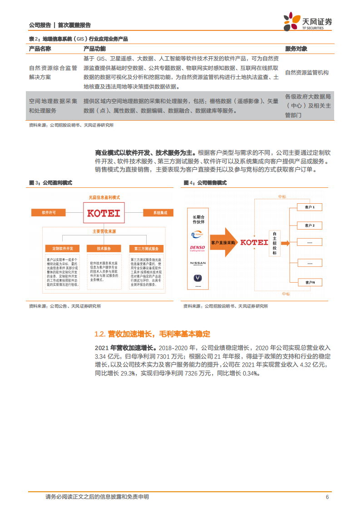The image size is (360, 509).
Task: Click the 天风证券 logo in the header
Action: [307, 21]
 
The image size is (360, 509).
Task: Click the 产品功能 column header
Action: [94, 49]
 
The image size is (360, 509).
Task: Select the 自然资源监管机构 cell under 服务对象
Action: [306, 72]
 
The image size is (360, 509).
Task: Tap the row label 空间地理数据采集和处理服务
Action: [53, 106]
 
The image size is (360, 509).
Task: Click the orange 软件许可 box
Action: [49, 212]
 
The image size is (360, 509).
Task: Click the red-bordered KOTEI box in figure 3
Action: [103, 212]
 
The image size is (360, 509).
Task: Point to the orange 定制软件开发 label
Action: [62, 249]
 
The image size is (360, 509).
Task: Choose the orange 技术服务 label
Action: [104, 249]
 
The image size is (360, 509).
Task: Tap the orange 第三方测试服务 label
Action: [146, 249]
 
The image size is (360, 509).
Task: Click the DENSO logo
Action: [197, 249]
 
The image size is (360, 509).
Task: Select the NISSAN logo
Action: [197, 263]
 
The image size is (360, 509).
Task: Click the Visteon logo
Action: [197, 235]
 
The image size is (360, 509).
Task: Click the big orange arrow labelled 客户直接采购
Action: [223, 243]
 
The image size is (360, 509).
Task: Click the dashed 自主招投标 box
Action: [274, 244]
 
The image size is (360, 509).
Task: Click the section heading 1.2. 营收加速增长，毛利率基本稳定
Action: [152, 334]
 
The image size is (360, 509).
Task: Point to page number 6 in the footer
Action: [327, 497]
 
